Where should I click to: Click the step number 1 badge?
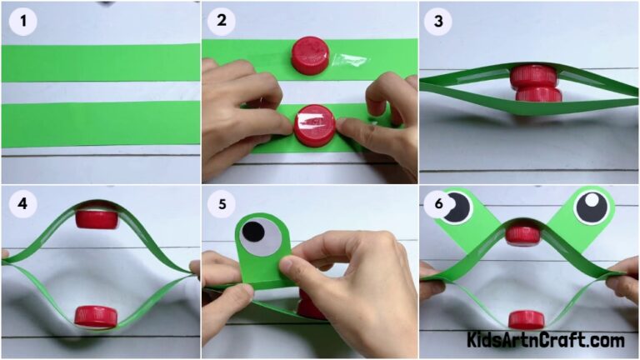22,22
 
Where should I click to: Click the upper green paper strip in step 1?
100,62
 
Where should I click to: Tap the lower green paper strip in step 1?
100,123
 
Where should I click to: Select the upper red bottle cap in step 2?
310,56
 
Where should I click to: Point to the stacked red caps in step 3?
534,84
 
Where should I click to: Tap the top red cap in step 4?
96,219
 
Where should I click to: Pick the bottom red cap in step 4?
96,316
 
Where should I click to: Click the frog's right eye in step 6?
592,206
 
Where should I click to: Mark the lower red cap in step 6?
526,319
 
